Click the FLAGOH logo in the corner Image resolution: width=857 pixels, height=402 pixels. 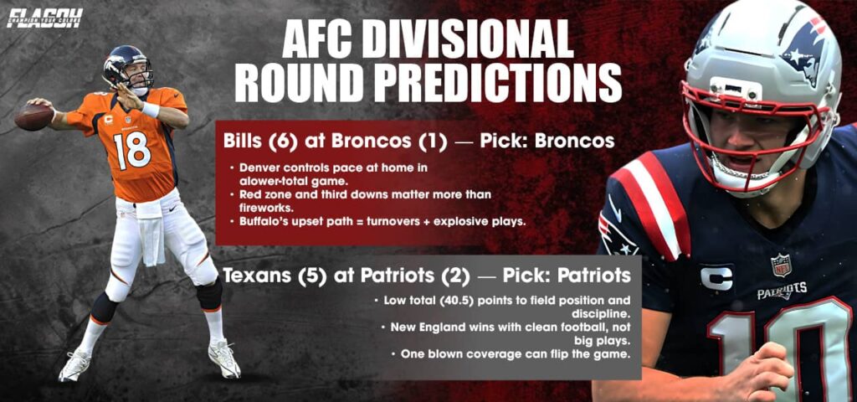point(44,17)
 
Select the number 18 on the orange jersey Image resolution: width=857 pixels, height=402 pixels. point(133,149)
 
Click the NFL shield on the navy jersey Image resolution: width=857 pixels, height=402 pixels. point(781,265)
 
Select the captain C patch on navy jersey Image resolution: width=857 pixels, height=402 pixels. point(716,277)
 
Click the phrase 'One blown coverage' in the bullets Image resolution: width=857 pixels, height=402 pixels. point(452,353)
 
